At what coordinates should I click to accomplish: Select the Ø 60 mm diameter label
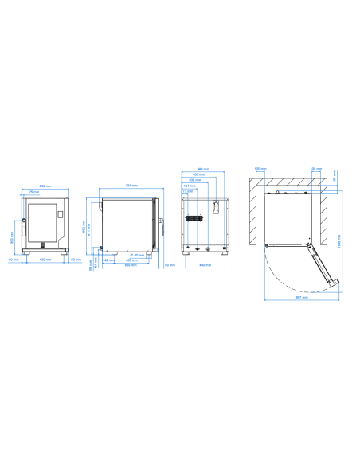137,256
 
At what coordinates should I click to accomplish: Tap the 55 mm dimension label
170,264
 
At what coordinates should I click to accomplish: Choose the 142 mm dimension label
107,260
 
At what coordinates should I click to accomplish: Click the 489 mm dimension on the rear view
203,170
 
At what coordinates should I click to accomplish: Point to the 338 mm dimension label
194,180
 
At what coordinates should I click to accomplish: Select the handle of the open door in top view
335,285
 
